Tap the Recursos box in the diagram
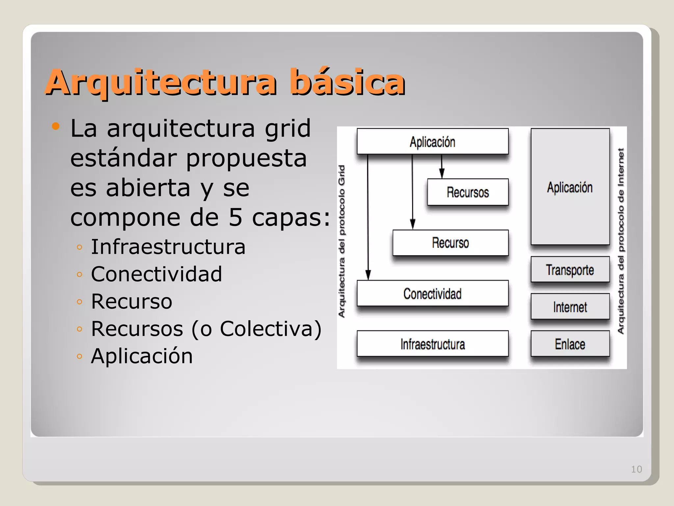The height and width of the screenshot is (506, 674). (x=468, y=192)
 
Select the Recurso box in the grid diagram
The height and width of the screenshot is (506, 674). (x=450, y=243)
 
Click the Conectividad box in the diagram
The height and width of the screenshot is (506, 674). (x=432, y=294)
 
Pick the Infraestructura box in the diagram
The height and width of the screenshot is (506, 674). (x=432, y=344)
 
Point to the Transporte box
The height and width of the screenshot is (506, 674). (x=570, y=270)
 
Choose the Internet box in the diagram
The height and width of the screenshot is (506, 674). (x=570, y=307)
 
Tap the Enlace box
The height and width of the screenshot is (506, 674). (x=570, y=344)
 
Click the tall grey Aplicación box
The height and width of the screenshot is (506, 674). (x=570, y=187)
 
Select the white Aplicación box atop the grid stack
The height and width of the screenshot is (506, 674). (x=432, y=142)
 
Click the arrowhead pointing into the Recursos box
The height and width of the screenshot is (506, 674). (x=442, y=174)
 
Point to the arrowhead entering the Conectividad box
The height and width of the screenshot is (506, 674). (x=368, y=275)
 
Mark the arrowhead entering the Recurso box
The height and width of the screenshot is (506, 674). (x=412, y=224)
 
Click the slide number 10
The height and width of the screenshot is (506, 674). (x=636, y=469)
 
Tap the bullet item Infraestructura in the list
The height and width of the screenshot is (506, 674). (x=168, y=247)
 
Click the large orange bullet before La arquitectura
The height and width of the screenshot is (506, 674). (x=56, y=126)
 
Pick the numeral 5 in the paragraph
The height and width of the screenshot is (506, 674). (x=235, y=217)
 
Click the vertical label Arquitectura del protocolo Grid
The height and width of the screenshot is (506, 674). (x=342, y=241)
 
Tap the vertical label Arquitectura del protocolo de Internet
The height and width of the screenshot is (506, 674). (x=621, y=241)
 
